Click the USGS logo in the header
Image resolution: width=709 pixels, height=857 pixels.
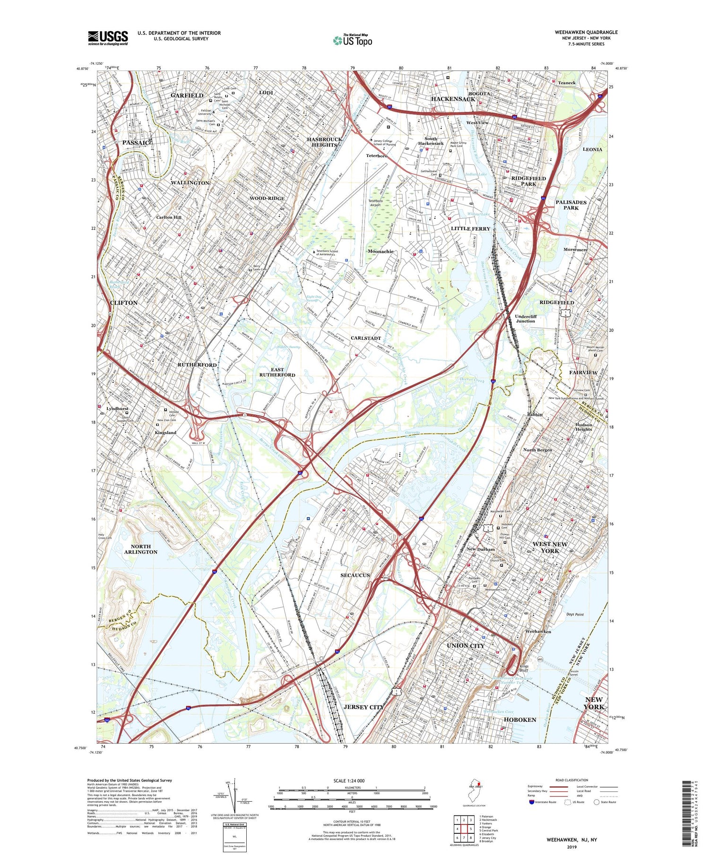(108, 38)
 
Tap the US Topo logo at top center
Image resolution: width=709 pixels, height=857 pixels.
(353, 40)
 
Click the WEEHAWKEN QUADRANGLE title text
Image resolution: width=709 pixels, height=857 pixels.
(586, 32)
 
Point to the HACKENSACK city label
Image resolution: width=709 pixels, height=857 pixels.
(453, 99)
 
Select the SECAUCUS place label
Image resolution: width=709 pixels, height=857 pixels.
(355, 575)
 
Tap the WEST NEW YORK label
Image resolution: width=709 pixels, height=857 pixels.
(550, 547)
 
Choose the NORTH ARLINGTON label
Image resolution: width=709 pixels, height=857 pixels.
(141, 549)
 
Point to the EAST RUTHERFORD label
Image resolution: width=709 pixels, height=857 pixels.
(277, 372)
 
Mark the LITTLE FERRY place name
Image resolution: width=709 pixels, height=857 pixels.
(470, 228)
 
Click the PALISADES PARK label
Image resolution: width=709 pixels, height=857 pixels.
(571, 205)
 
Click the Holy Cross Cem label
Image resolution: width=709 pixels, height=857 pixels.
(105, 536)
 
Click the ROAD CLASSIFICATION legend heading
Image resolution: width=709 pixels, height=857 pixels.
(572, 780)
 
